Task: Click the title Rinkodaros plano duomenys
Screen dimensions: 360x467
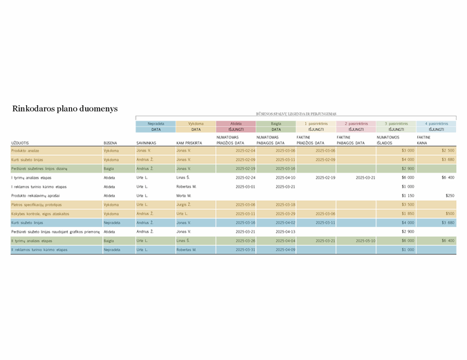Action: [x=65, y=109]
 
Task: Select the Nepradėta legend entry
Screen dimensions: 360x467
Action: [x=156, y=123]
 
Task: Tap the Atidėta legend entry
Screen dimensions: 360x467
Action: [x=236, y=123]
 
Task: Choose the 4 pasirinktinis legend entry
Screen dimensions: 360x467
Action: [x=436, y=123]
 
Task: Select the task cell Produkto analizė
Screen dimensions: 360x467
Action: [x=25, y=150]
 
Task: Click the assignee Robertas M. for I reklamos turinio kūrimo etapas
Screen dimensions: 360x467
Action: [x=187, y=186]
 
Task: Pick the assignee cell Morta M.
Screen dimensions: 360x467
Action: [x=184, y=195]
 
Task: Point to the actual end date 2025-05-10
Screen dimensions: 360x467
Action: [x=365, y=240]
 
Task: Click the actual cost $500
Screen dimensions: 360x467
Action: [x=450, y=213]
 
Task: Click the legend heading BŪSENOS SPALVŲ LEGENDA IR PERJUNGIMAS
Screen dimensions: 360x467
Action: [x=295, y=113]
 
